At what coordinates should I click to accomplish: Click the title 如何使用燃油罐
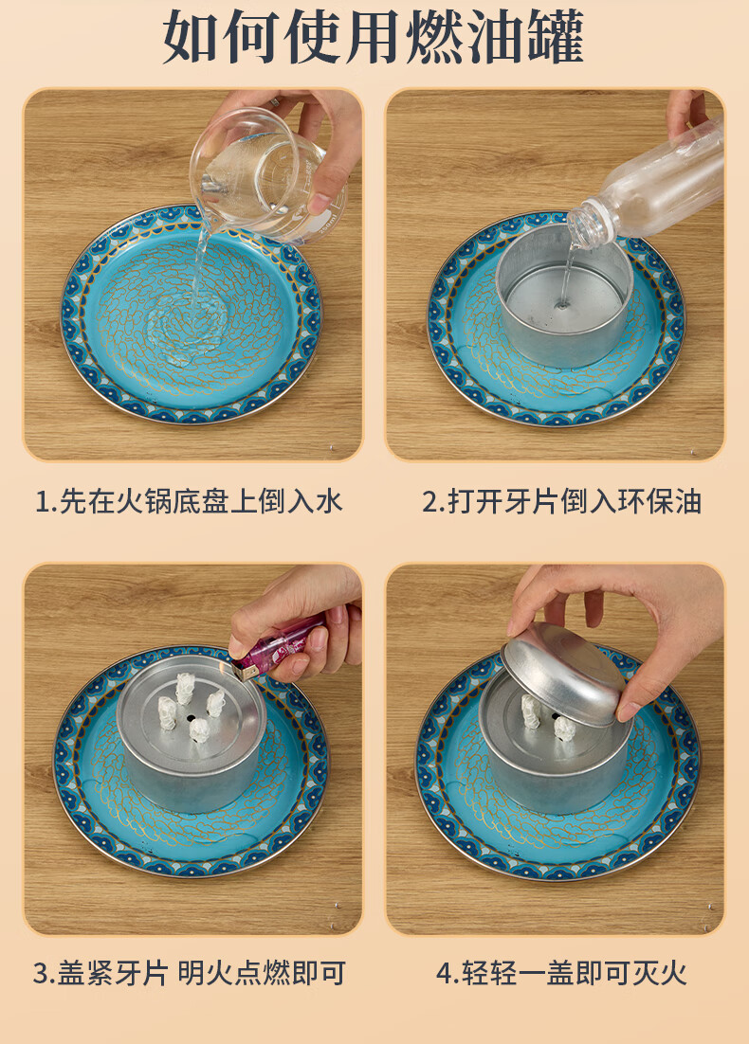click(374, 37)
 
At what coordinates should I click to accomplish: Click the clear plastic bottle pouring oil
click(649, 187)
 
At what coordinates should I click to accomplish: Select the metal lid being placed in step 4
click(564, 674)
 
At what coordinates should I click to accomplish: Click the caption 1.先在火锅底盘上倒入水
click(190, 501)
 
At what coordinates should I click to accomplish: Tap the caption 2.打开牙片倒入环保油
click(561, 501)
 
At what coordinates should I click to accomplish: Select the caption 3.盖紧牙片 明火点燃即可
click(190, 973)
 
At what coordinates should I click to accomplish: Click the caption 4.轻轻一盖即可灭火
click(561, 973)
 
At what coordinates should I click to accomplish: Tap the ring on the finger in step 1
click(275, 102)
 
